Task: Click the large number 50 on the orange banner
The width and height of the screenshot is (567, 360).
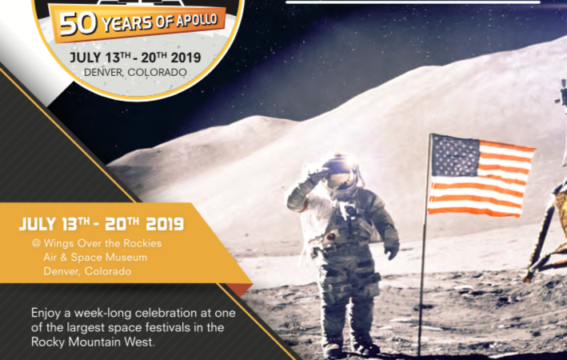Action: [x=78, y=24]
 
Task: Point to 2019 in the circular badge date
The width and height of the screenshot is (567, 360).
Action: [x=186, y=58]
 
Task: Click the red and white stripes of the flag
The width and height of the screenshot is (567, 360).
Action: [x=481, y=185]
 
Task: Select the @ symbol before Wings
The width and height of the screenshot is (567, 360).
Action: [x=36, y=243]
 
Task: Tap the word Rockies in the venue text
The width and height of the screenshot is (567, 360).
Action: [x=142, y=243]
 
